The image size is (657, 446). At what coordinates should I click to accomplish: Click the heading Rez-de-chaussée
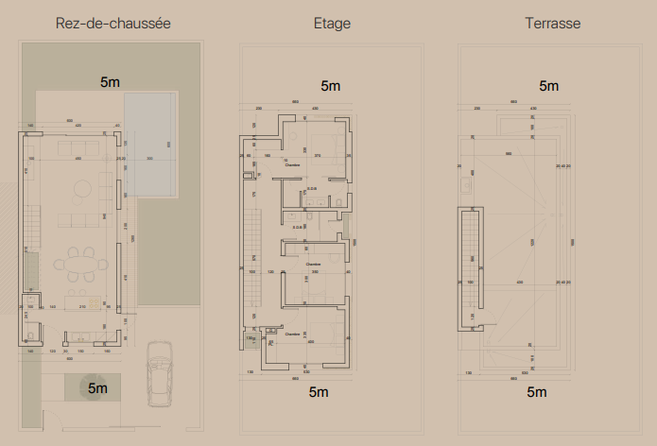(113, 23)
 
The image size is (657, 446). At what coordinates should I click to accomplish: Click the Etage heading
(332, 23)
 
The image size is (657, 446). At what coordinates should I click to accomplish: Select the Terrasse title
(553, 23)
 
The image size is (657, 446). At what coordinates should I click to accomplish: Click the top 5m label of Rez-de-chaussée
(110, 82)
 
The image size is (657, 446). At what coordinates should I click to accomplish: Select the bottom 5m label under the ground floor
(98, 387)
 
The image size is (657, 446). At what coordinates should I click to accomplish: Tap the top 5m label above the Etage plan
(331, 86)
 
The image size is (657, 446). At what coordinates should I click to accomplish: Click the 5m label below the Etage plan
(319, 391)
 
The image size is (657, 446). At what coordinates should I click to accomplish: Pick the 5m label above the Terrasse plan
(549, 86)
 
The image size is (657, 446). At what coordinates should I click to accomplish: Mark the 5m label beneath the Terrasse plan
(536, 391)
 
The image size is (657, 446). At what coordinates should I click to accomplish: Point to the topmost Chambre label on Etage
(293, 164)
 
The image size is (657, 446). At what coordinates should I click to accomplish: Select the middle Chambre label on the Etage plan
(313, 264)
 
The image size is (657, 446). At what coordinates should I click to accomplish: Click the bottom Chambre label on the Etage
(291, 334)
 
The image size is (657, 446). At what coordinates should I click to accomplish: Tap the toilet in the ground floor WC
(30, 332)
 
